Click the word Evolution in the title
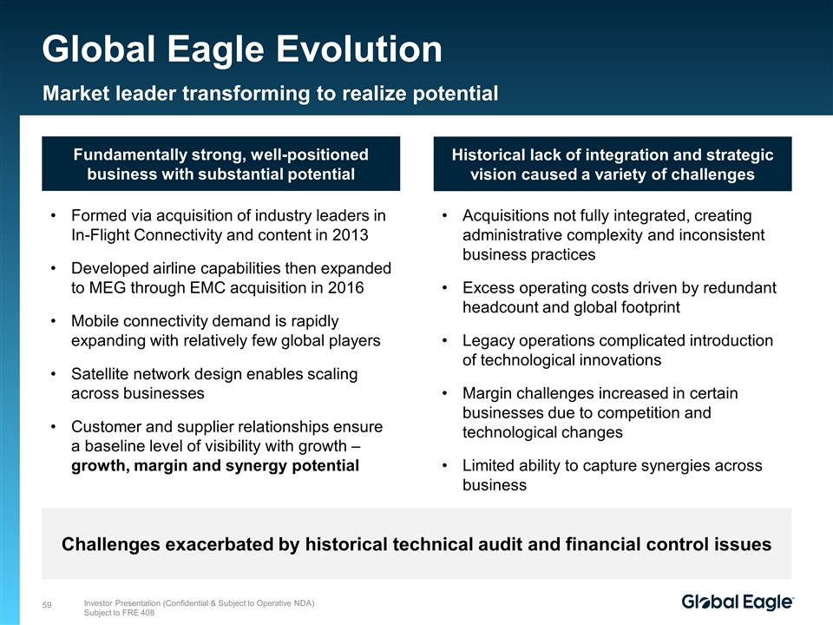[x=359, y=49]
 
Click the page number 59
[x=47, y=605]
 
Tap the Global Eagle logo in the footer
[x=738, y=602]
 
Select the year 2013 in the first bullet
[x=350, y=235]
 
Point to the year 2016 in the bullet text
[x=346, y=287]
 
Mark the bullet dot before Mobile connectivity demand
[x=53, y=321]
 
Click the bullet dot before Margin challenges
[x=444, y=393]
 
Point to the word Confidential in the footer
[x=186, y=603]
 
